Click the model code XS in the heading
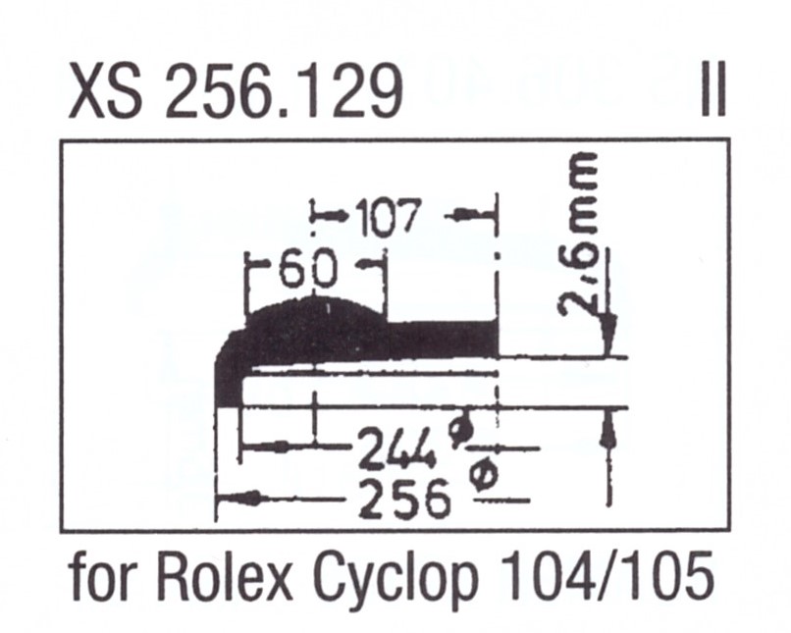pyautogui.click(x=103, y=94)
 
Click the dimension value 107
pyautogui.click(x=388, y=217)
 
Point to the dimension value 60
pyautogui.click(x=306, y=268)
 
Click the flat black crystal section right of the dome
pyautogui.click(x=442, y=339)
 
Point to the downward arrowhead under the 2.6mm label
pyautogui.click(x=609, y=329)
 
